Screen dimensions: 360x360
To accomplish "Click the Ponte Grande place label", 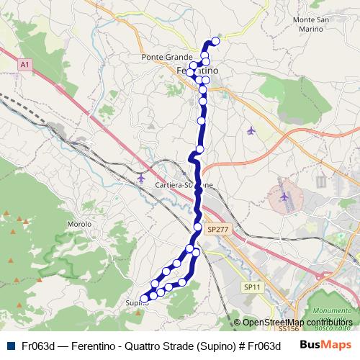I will coord(167,57).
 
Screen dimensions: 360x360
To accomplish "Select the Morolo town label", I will coord(78,224).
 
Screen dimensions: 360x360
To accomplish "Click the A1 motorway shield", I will coord(25,65).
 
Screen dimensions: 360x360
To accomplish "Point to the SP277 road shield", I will coord(216,229).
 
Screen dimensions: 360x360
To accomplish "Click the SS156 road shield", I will coord(287,328).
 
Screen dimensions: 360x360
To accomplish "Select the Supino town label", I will coord(136,302).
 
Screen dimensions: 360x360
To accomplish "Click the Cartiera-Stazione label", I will coord(184,185).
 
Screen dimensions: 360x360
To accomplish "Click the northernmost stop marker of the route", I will coord(215,41).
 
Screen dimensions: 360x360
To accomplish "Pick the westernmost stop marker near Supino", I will coord(144,298).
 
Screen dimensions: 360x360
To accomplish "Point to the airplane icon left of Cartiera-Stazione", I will coord(140,177).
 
